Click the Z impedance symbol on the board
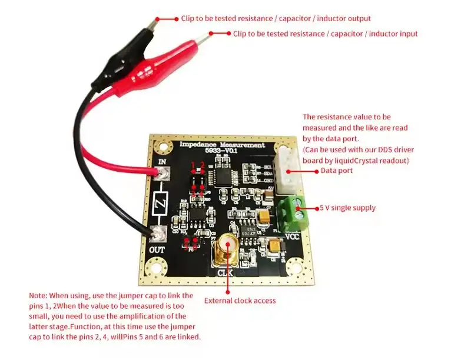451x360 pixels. (x=160, y=205)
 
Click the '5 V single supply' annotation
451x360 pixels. (x=347, y=208)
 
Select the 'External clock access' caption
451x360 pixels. (x=240, y=301)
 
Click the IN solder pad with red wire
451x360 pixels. (x=163, y=172)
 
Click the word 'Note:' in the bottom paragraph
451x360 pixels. (x=39, y=295)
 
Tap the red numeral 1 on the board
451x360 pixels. (x=194, y=165)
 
